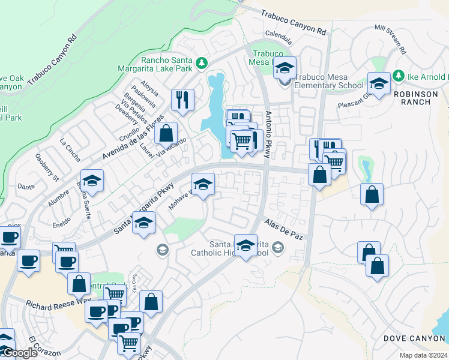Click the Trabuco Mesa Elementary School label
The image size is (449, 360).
point(329,81)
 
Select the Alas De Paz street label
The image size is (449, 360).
point(284,229)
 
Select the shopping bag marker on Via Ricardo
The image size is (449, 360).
point(166,133)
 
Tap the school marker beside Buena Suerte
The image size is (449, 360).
point(92,181)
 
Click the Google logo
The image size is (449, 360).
point(19,353)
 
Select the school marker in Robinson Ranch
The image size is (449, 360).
point(379,85)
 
